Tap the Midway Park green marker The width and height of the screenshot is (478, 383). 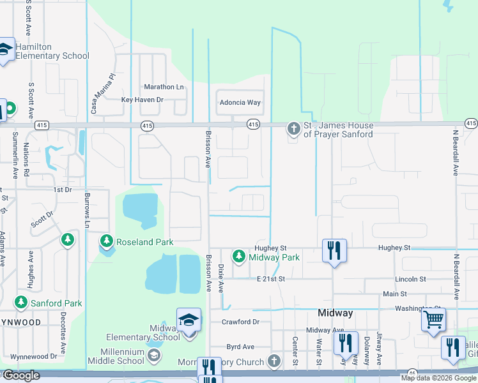click(239, 257)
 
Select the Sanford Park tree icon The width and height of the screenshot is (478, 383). click(21, 302)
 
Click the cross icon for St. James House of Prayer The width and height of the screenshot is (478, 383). click(293, 129)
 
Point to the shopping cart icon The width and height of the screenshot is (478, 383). click(433, 318)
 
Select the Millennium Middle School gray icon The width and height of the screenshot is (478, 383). click(153, 355)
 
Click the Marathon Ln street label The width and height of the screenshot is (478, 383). click(164, 87)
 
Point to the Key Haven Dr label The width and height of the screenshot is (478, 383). click(143, 100)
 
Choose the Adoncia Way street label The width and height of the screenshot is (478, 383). click(240, 102)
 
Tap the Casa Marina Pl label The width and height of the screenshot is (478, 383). click(102, 93)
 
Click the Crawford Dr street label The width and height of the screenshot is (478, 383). click(240, 322)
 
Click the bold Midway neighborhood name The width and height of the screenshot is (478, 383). click(335, 313)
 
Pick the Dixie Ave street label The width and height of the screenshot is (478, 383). click(221, 278)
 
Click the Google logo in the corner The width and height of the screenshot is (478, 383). click(20, 376)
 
